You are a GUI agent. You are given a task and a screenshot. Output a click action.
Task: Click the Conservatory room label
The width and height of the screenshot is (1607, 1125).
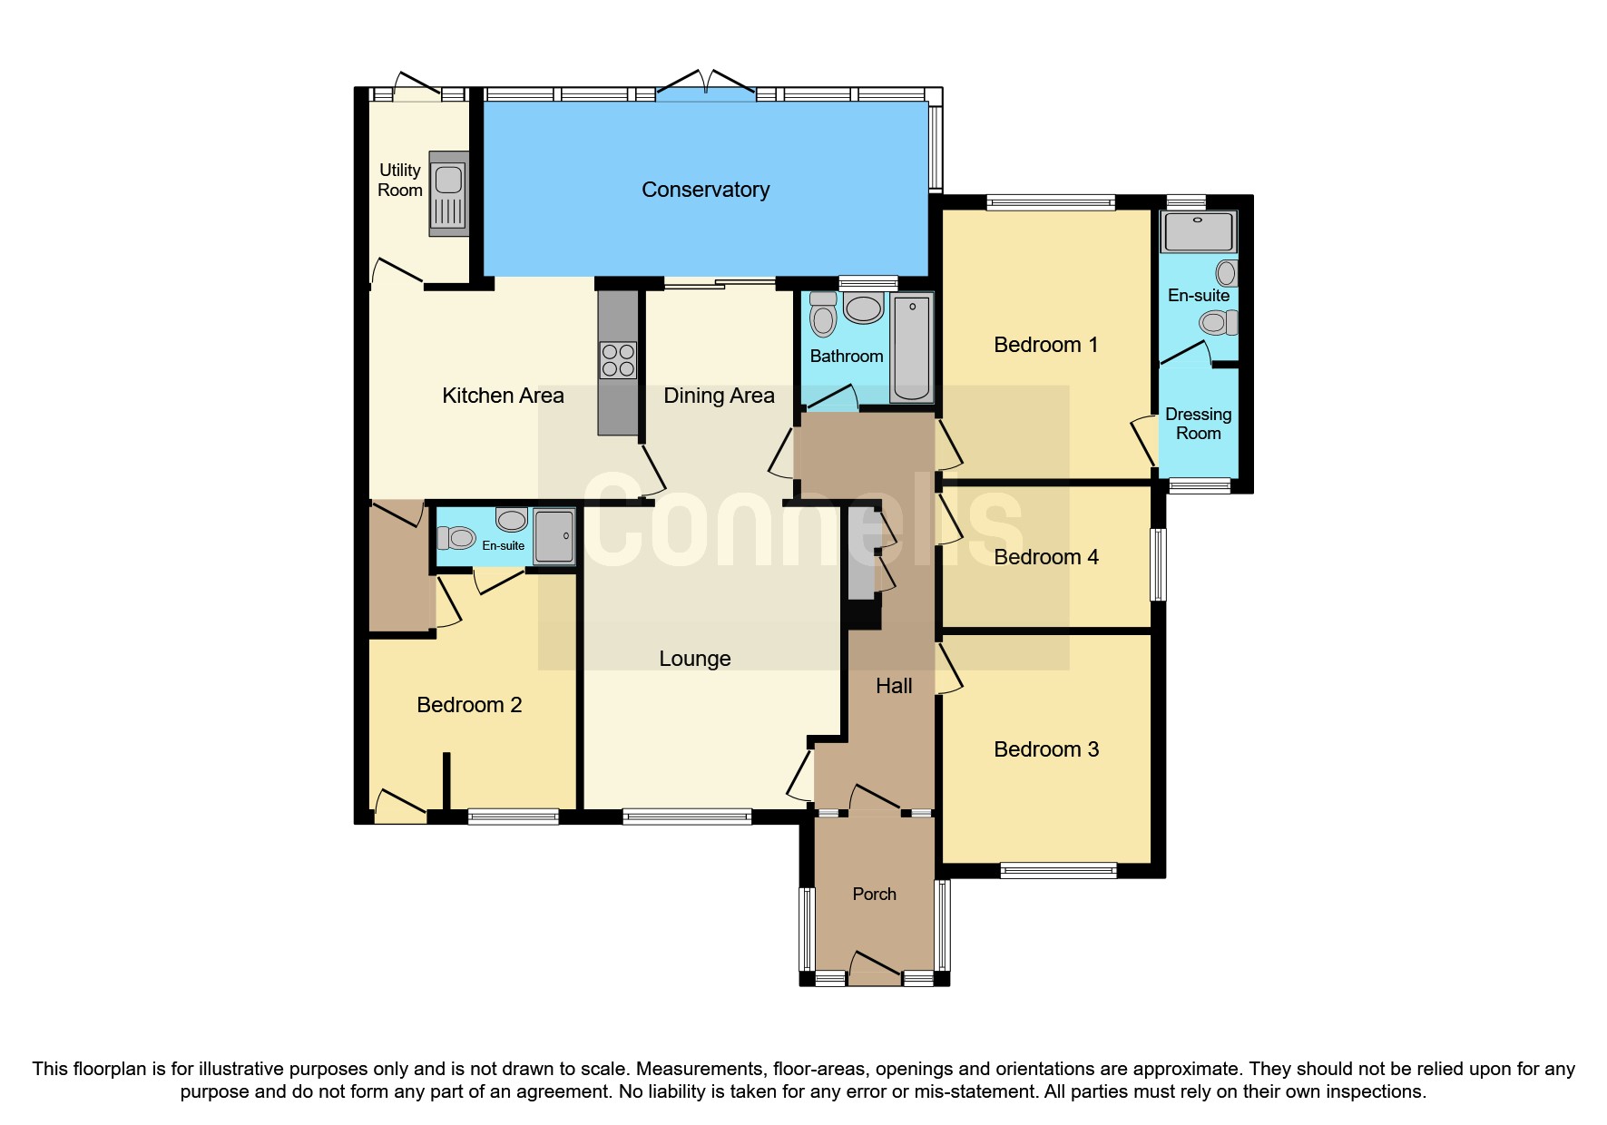coord(705,190)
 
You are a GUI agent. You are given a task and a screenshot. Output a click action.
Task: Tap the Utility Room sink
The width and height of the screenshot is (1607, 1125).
coord(448,193)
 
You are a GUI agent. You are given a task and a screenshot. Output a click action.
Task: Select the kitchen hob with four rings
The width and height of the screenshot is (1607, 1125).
coord(618,359)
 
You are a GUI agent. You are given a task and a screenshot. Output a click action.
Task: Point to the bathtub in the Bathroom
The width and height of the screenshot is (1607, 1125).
coord(912,348)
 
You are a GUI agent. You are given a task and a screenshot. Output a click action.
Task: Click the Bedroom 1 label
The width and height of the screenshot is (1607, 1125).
coord(1045,345)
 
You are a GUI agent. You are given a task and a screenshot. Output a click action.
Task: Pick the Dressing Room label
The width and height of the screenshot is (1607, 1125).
coord(1198,424)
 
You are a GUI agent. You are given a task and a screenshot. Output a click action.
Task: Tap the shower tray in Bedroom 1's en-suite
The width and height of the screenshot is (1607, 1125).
coord(1198,231)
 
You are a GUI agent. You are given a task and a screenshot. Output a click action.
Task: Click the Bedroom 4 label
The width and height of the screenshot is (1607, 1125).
coord(1045,557)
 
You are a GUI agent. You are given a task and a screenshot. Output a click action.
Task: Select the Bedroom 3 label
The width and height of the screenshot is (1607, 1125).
coord(1045,749)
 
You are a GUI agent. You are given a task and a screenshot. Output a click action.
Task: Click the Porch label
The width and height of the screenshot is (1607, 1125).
coord(874,895)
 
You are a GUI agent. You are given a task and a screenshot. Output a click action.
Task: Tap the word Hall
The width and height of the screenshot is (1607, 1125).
coord(894,686)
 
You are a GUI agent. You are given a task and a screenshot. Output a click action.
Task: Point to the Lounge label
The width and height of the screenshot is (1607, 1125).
coord(694,659)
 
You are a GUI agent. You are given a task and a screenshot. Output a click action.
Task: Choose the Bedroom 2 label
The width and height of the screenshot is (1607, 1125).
coord(469,705)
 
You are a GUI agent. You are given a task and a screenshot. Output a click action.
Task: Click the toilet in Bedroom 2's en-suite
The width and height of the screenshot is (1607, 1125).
coord(456,538)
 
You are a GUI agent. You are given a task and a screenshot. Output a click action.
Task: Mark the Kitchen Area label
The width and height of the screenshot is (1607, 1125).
coord(503,396)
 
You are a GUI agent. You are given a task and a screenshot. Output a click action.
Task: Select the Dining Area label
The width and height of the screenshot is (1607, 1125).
coord(719,396)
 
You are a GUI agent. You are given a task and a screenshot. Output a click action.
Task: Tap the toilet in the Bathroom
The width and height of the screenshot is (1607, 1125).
coord(823,316)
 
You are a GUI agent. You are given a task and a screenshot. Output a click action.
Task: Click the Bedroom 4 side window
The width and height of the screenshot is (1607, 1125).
coord(1158,564)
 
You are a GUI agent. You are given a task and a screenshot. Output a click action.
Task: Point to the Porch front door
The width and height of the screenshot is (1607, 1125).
coord(875,967)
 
